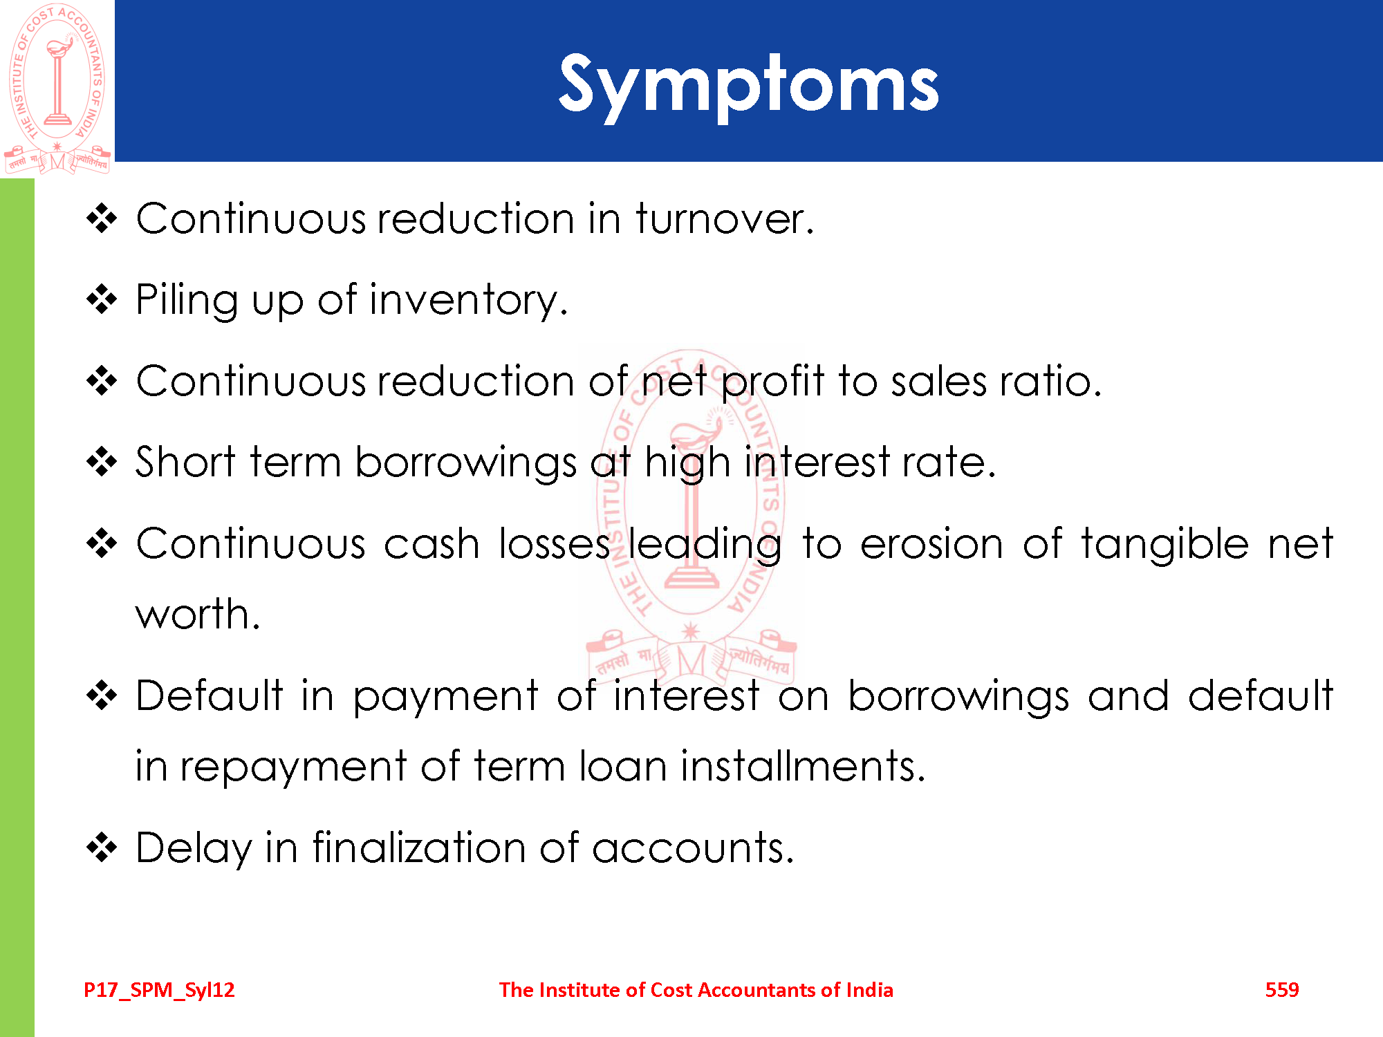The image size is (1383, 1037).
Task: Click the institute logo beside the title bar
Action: [x=57, y=88]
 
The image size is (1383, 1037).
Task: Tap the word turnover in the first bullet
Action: [x=725, y=218]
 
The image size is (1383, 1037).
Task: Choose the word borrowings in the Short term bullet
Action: [x=465, y=463]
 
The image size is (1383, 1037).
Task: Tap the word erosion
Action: [x=931, y=543]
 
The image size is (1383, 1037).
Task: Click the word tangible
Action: [x=1165, y=543]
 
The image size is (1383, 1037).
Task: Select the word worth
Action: [x=197, y=613]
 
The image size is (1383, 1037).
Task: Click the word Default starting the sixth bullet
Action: [x=209, y=695]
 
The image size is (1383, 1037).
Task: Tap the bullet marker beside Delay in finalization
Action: [x=102, y=848]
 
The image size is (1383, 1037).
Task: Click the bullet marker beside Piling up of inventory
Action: [x=102, y=300]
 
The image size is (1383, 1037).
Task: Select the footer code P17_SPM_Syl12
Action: [x=159, y=990]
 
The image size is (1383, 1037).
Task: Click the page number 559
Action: [x=1282, y=990]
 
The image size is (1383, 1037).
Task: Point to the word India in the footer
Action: [x=869, y=990]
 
